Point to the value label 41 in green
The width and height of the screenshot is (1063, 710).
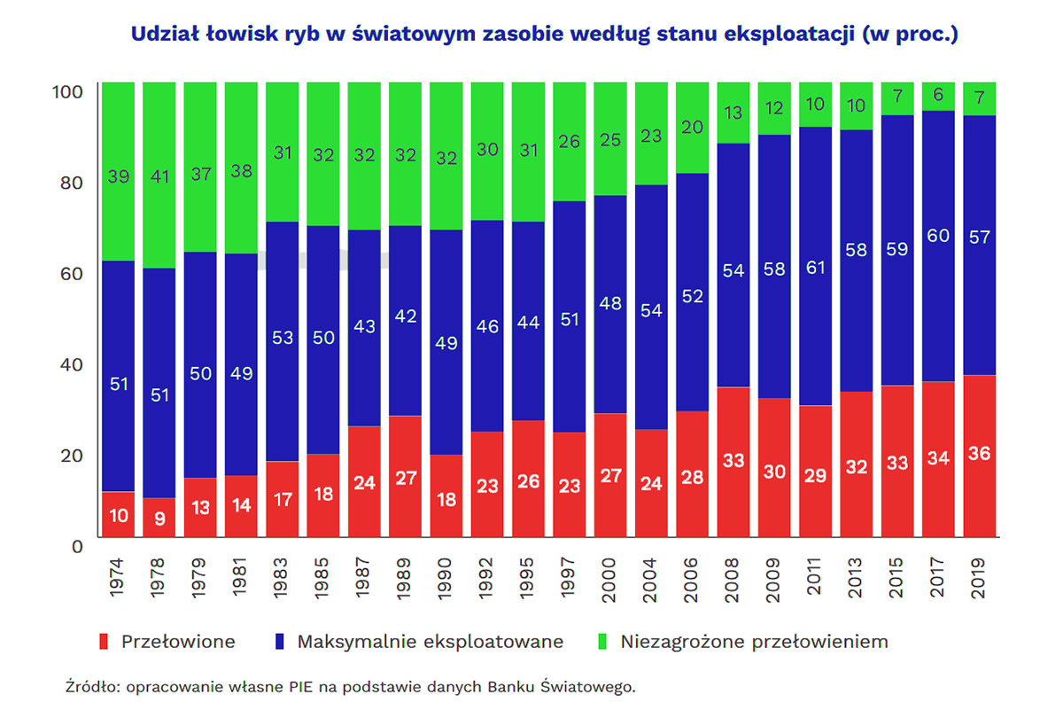[159, 176]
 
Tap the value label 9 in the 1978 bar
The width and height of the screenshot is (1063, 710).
[159, 519]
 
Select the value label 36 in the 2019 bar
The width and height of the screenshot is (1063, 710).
[979, 454]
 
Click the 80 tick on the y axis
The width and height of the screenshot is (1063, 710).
[70, 182]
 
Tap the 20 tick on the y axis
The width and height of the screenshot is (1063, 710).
[70, 454]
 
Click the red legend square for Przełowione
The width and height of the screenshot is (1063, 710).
[105, 641]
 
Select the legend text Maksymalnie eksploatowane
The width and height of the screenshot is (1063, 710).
[430, 641]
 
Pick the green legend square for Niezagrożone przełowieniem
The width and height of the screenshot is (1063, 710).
[605, 641]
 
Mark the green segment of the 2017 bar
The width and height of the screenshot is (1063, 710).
[938, 97]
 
